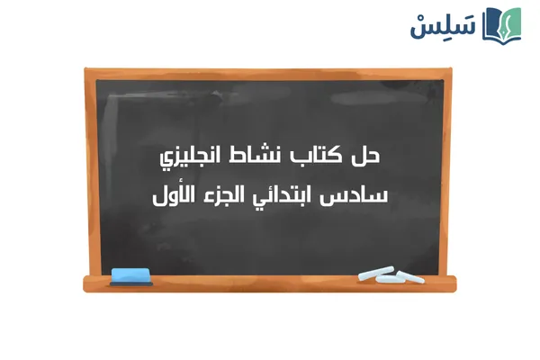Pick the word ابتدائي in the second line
click(289, 196)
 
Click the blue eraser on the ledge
click(130, 274)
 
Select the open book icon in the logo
click(502, 24)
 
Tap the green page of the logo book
click(511, 23)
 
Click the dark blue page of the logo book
click(494, 23)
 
